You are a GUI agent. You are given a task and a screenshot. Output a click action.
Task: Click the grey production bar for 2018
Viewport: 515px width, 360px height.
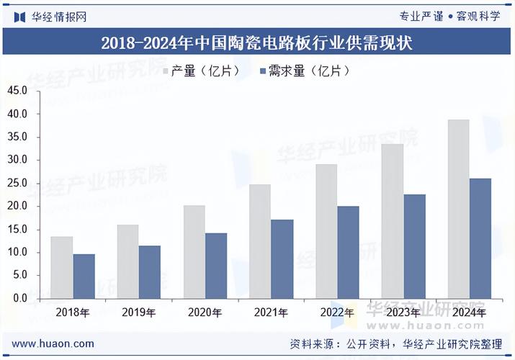point(62,267)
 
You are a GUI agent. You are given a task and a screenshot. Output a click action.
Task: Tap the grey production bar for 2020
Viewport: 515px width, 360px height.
point(194,252)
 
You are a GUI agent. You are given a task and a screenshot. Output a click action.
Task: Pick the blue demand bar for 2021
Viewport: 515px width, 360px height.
point(282,258)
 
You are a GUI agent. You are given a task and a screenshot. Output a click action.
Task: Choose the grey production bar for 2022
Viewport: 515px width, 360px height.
point(326,231)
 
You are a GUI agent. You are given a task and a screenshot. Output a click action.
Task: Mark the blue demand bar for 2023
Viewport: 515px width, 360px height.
point(414,246)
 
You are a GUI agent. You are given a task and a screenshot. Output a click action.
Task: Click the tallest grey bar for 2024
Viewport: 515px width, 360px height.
point(458,209)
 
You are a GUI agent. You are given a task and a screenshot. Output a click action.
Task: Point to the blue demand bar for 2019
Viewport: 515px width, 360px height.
point(150,272)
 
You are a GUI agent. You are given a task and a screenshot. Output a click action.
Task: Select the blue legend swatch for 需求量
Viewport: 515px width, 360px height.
point(261,71)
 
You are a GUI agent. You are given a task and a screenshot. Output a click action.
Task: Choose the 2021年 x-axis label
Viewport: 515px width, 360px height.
point(270,313)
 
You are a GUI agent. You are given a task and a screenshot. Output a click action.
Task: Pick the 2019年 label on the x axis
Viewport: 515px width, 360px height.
point(138,313)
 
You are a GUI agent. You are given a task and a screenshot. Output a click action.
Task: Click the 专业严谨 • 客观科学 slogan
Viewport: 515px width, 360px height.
point(449,16)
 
